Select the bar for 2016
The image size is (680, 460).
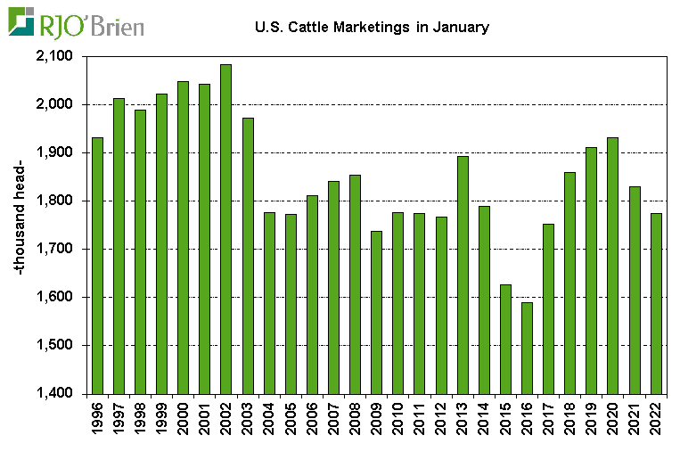pyautogui.click(x=528, y=348)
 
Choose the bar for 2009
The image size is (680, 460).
pyautogui.click(x=377, y=312)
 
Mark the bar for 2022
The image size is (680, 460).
pyautogui.click(x=656, y=303)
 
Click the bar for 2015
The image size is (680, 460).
pyautogui.click(x=506, y=339)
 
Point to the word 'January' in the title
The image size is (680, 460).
pyautogui.click(x=461, y=28)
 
